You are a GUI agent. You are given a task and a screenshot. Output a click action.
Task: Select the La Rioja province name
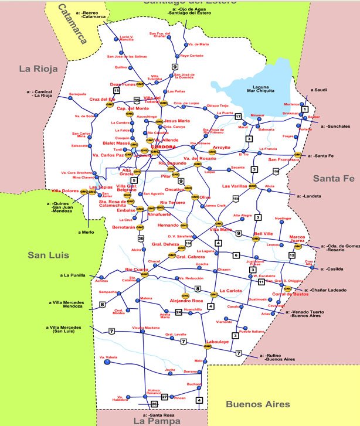click(x=38, y=69)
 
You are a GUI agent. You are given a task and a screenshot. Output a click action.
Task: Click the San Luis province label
click(x=48, y=255)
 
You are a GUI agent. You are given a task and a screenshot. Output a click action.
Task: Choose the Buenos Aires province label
click(x=257, y=404)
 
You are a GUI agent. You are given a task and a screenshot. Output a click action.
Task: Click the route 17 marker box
click(x=239, y=117)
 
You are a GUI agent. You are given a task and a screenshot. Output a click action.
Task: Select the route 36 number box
click(x=141, y=238)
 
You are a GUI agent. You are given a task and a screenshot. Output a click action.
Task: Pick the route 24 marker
click(x=178, y=312)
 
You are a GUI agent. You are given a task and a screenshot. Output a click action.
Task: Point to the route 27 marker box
click(x=165, y=397)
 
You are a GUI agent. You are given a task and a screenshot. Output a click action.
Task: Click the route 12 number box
click(x=291, y=255)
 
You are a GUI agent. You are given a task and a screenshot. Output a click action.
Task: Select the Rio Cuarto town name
click(x=136, y=270)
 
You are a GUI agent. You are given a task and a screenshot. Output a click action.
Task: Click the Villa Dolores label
click(x=65, y=191)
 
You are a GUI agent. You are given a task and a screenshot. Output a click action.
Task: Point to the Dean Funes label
click(x=123, y=84)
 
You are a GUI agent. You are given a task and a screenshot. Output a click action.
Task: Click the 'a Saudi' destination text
click(x=319, y=90)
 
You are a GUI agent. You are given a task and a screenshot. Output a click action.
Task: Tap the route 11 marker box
click(x=261, y=282)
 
